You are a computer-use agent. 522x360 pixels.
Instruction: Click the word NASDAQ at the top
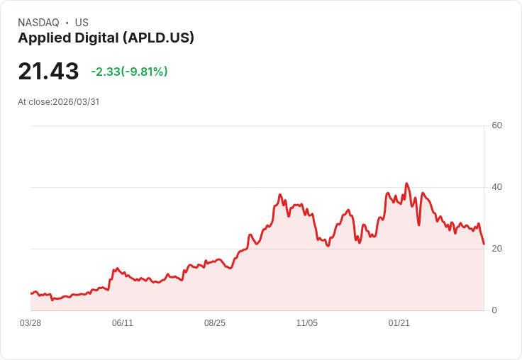point(38,23)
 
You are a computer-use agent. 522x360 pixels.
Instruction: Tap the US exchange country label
point(82,23)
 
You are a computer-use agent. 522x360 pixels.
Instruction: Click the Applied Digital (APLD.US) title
point(106,38)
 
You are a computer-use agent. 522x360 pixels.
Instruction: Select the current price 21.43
point(48,72)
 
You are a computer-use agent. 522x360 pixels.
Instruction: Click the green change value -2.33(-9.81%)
point(129,72)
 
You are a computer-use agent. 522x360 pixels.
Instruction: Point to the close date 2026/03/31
point(76,102)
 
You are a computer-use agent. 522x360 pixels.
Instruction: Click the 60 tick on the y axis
point(497,125)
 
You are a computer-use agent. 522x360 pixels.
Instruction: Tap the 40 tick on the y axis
point(497,187)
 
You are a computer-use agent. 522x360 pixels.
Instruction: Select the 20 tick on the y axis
point(497,249)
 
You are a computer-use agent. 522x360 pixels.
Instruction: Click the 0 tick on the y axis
point(495,310)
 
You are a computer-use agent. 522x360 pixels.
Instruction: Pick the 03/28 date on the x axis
point(30,323)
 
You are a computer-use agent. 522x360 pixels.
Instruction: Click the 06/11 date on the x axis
point(123,323)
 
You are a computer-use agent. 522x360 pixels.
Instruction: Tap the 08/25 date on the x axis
point(215,323)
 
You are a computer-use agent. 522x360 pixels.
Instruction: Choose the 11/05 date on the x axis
point(307,323)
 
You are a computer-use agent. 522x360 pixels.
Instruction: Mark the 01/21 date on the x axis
point(399,323)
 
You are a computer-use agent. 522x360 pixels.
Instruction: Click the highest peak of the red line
point(406,184)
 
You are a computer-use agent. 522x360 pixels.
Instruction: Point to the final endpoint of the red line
point(484,244)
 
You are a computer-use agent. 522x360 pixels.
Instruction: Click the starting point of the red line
point(30,293)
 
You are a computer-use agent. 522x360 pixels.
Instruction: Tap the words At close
point(34,102)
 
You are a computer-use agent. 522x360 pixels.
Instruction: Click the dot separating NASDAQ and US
point(67,23)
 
